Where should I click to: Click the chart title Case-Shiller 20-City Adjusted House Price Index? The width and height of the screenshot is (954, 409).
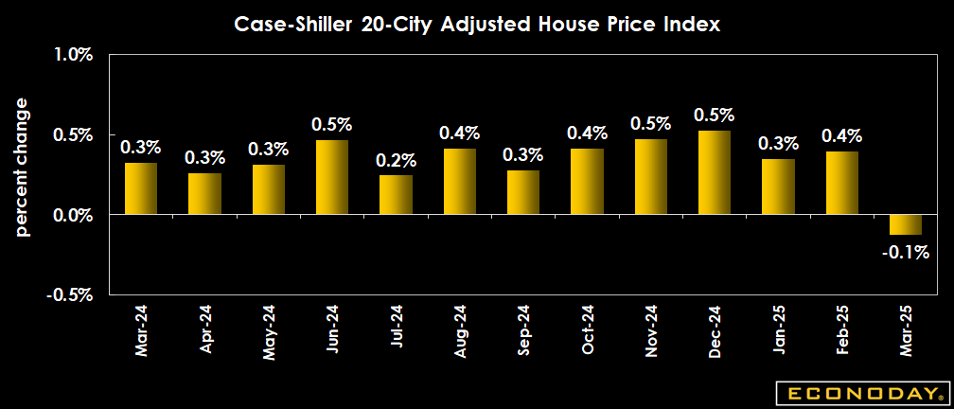[x=477, y=26]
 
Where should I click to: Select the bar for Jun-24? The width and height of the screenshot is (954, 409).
[x=332, y=177]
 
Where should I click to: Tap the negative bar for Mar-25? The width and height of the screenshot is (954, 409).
[x=906, y=224]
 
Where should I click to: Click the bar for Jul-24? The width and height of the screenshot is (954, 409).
[x=396, y=195]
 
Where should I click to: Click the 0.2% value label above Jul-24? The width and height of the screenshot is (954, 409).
[x=396, y=161]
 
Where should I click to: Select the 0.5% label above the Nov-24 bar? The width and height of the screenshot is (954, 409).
[x=650, y=124]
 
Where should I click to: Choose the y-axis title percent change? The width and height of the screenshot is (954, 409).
[x=23, y=167]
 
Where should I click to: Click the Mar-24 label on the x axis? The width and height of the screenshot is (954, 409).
[x=141, y=330]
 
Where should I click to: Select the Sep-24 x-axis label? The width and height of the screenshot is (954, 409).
[x=523, y=330]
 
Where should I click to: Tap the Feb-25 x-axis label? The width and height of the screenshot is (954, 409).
[x=842, y=330]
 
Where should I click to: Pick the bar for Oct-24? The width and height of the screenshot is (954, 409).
[x=587, y=182]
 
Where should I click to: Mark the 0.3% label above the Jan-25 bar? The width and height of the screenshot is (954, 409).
[x=778, y=144]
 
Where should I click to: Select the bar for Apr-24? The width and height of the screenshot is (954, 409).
[x=204, y=194]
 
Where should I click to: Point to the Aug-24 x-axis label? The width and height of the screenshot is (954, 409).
[x=460, y=330]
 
